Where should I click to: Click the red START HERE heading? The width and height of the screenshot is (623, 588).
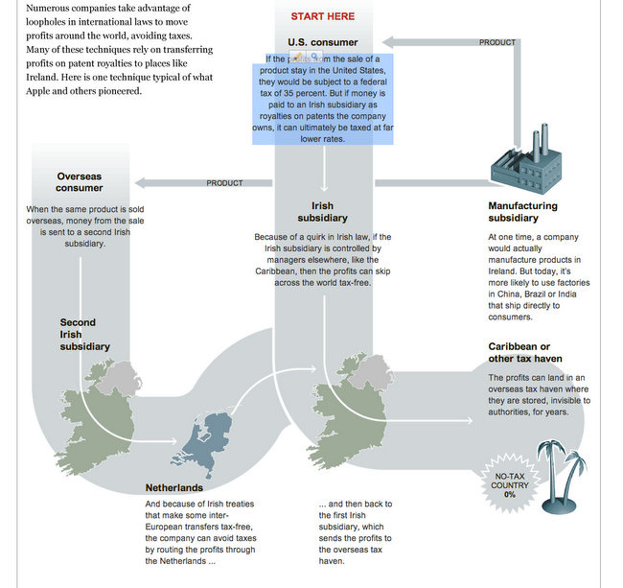322,16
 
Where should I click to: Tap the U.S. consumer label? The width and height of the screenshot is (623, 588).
322,42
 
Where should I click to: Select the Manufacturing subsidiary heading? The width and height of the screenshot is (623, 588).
522,212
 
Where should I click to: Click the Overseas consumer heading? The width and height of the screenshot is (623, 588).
79,181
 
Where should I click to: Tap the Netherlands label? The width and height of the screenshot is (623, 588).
173,487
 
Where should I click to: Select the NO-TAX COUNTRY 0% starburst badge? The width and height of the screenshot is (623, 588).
510,484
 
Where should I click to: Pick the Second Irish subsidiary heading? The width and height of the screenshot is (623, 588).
84,334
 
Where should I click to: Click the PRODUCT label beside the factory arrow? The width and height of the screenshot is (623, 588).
496,43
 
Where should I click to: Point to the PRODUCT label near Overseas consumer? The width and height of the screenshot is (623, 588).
224,183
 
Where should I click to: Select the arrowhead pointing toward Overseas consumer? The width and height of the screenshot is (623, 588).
138,182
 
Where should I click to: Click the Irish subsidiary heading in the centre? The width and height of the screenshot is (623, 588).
322,212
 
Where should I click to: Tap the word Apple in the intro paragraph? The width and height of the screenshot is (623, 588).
44,91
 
